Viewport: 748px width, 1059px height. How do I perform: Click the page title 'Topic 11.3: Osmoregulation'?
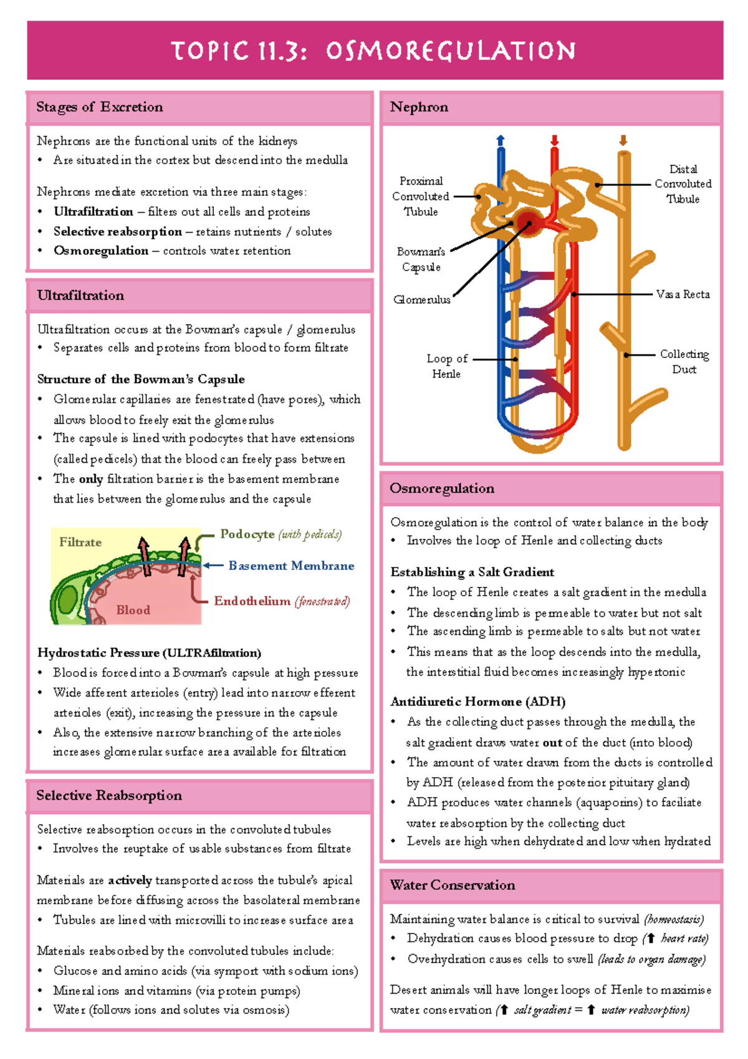click(374, 51)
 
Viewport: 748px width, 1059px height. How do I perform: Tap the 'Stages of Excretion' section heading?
click(100, 107)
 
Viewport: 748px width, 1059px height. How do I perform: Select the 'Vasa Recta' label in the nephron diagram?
click(683, 294)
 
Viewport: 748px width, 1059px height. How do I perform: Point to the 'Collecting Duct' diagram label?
click(684, 362)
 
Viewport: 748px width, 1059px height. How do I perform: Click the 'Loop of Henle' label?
click(446, 366)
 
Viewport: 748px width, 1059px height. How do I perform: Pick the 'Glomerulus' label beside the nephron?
click(422, 300)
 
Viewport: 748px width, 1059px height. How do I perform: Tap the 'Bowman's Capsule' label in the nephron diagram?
click(421, 259)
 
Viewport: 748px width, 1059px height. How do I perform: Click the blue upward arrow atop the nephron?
click(500, 140)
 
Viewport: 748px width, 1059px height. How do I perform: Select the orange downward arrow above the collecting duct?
click(623, 140)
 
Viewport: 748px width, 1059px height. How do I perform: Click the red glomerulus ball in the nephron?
click(528, 221)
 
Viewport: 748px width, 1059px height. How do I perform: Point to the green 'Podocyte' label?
click(247, 534)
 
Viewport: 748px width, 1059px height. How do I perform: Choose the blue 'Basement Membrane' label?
click(291, 566)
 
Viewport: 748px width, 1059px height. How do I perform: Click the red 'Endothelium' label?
click(252, 601)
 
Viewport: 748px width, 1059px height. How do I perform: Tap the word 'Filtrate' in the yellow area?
click(80, 543)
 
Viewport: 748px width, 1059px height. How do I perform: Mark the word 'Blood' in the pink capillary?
click(133, 610)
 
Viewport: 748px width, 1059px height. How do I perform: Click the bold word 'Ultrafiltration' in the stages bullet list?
click(93, 212)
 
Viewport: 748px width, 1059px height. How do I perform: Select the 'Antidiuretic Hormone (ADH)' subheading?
click(477, 702)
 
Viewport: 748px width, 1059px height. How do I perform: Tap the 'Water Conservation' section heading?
click(453, 885)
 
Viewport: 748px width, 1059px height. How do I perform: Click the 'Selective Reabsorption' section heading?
click(109, 795)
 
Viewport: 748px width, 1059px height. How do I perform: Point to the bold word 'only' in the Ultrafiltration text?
click(91, 479)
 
